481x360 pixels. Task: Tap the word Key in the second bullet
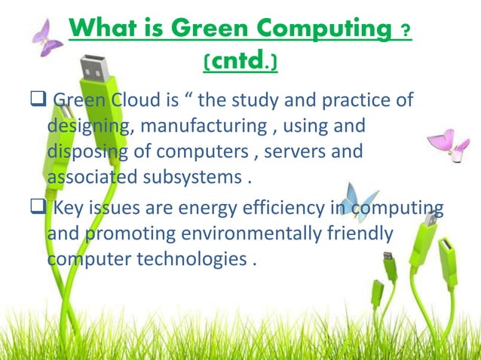[75, 209]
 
